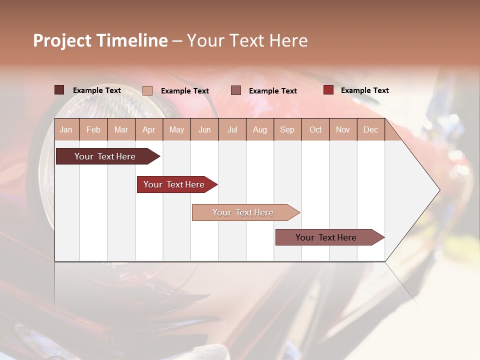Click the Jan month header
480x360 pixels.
point(66,129)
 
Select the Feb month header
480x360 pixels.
point(93,129)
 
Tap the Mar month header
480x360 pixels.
point(121,129)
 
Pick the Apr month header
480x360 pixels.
point(148,129)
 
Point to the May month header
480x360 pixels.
point(176,129)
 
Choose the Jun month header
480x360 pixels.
point(204,129)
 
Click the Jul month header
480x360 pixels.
point(232,129)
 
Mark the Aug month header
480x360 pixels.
point(259,129)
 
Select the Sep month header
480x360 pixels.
point(287,129)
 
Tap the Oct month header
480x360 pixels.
point(315,129)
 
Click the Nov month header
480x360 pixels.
point(342,129)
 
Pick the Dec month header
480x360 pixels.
point(370,129)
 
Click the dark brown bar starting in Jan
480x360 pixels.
point(105,156)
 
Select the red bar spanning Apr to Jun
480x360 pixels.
point(174,184)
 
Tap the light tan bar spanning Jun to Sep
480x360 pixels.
point(243,212)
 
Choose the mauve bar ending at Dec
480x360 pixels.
point(326,237)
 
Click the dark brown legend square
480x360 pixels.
point(59,90)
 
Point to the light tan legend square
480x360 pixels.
point(147,90)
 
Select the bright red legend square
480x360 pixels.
point(328,90)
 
